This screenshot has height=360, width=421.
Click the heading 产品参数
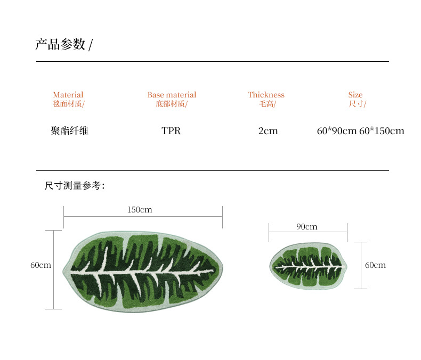pyautogui.click(x=60, y=45)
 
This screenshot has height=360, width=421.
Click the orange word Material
pyautogui.click(x=68, y=95)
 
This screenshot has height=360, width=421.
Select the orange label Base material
pyautogui.click(x=172, y=95)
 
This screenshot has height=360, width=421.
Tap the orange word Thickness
pyautogui.click(x=266, y=95)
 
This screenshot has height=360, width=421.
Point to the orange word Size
pyautogui.click(x=355, y=95)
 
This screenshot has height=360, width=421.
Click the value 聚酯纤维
pyautogui.click(x=69, y=130)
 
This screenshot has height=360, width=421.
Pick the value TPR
pyautogui.click(x=171, y=131)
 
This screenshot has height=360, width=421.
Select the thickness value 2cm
pyautogui.click(x=268, y=131)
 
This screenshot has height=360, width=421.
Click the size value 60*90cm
pyautogui.click(x=336, y=131)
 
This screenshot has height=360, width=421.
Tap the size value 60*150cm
pyautogui.click(x=382, y=131)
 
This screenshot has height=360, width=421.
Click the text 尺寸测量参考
pyautogui.click(x=74, y=186)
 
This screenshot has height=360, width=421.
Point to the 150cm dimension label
pyautogui.click(x=140, y=210)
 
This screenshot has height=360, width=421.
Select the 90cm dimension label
pyautogui.click(x=307, y=227)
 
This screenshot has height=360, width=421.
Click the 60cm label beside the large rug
pyautogui.click(x=41, y=265)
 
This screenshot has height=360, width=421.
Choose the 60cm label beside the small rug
pyautogui.click(x=375, y=265)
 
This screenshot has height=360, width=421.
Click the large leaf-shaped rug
pyautogui.click(x=143, y=272)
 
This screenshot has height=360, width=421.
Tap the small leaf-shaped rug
pyautogui.click(x=308, y=265)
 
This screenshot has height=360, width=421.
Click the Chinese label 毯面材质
pyautogui.click(x=68, y=104)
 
